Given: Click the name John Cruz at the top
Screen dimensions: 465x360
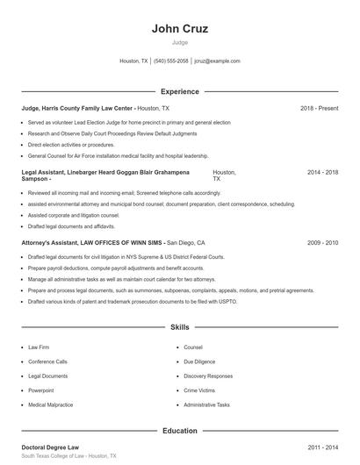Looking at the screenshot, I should (179, 29).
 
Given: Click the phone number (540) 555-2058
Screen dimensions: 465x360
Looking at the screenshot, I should (171, 61).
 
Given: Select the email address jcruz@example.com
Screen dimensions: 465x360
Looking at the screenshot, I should (217, 61).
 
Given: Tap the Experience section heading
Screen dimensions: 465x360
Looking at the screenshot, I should (180, 91).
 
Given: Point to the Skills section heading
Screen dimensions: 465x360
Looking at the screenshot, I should (180, 327).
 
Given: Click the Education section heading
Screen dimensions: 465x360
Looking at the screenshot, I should (180, 431).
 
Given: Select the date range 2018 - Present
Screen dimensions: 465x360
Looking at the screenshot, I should (319, 108).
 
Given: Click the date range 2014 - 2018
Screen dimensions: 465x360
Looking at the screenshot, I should (322, 173).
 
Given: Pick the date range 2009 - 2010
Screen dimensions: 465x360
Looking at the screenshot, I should (322, 241).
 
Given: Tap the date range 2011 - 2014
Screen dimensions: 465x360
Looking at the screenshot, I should (322, 447).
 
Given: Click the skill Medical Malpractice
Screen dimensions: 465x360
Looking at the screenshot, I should (51, 405).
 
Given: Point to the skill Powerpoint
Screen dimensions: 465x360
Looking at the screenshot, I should (41, 390).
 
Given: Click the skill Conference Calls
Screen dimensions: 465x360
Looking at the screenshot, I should (47, 361).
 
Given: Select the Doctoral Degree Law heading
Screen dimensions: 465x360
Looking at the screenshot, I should (50, 447).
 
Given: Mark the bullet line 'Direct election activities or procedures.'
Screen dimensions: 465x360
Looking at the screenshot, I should (71, 145).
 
